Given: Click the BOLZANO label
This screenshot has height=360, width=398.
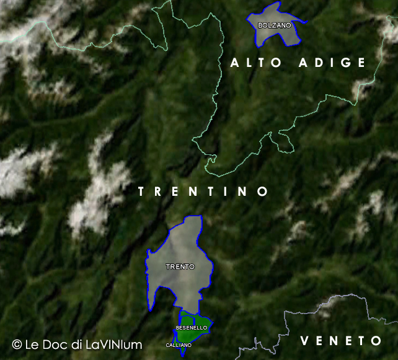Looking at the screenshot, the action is click(x=274, y=25).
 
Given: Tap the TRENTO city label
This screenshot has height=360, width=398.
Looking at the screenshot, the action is click(x=180, y=266).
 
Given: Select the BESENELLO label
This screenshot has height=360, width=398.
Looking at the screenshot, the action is click(x=192, y=327).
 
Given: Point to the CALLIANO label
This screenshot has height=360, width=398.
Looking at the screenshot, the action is click(x=179, y=345).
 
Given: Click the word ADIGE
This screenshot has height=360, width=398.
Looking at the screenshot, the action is click(x=332, y=63).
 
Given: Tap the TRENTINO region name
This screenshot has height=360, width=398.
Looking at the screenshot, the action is click(x=203, y=191).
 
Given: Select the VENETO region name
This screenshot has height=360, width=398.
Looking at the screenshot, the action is click(x=341, y=341).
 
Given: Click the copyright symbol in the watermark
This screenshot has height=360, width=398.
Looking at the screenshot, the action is click(x=17, y=344).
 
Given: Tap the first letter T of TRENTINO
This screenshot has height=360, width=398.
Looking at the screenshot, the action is click(x=141, y=191).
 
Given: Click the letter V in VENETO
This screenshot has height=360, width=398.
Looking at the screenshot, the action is click(x=304, y=341).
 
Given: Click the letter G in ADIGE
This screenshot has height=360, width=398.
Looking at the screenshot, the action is click(x=347, y=63).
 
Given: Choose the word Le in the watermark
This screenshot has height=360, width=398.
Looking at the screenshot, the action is click(x=32, y=344).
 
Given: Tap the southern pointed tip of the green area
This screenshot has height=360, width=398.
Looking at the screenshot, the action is click(x=182, y=356).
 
